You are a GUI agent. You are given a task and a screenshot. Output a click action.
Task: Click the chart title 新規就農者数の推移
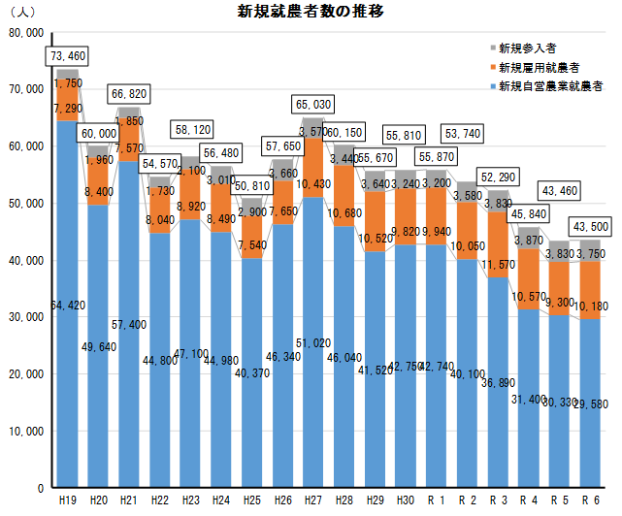click(x=311, y=12)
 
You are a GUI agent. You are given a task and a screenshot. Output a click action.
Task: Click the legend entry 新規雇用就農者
click(x=537, y=67)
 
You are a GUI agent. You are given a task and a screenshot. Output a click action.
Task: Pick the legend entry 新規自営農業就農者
click(x=549, y=86)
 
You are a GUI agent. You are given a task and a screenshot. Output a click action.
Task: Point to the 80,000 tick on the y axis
click(x=26, y=32)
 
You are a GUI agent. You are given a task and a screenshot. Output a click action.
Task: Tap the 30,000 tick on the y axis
click(x=26, y=316)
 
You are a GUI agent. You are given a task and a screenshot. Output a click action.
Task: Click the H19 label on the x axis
click(x=67, y=500)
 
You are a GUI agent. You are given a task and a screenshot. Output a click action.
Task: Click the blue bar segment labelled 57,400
click(x=129, y=324)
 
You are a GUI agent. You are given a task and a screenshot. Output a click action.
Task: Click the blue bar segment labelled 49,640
click(x=98, y=345)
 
